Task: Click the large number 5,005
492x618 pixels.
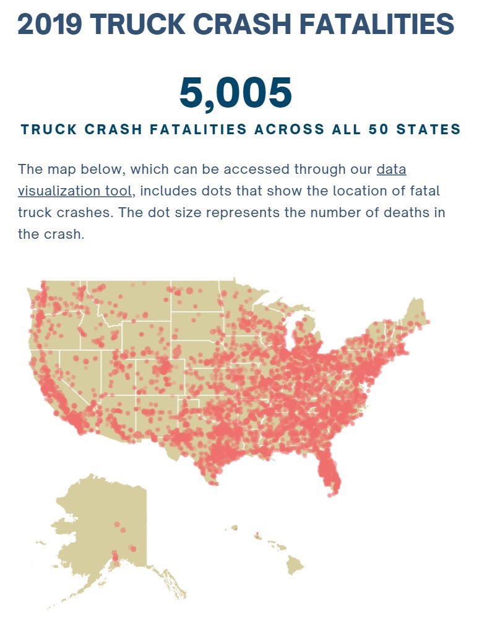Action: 236,93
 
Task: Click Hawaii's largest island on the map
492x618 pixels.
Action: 295,563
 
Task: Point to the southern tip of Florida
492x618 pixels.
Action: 334,492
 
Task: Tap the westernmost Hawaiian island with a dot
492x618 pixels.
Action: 235,528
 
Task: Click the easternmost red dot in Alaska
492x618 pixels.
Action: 132,548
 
